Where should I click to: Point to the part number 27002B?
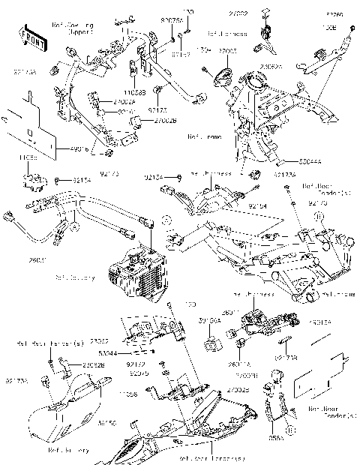click(145, 118)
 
